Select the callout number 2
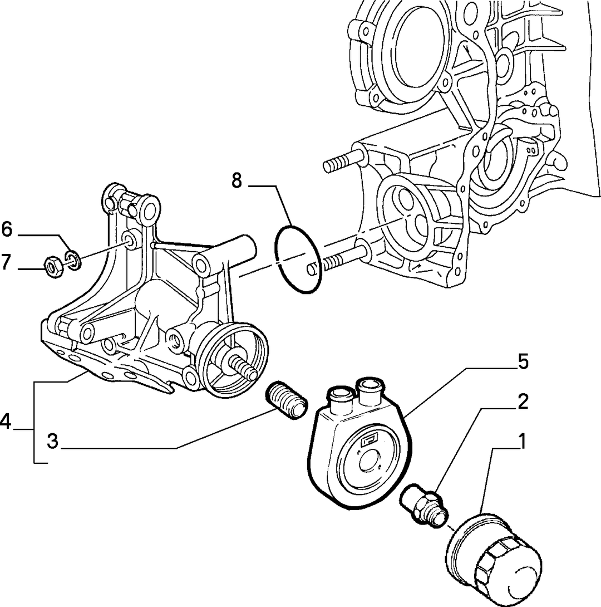pyautogui.click(x=523, y=402)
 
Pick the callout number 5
pyautogui.click(x=523, y=363)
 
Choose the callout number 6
pyautogui.click(x=7, y=229)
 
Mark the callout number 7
pyautogui.click(x=6, y=262)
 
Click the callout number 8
pyautogui.click(x=237, y=180)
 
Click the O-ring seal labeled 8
pyautogui.click(x=298, y=258)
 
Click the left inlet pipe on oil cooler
pyautogui.click(x=341, y=398)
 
